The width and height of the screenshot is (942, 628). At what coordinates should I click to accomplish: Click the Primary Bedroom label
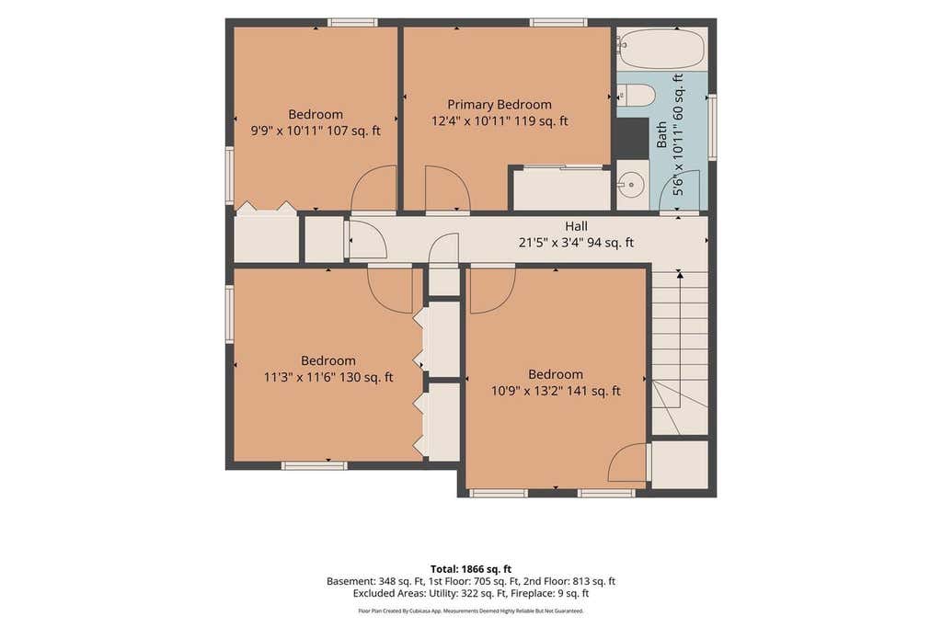coord(500,105)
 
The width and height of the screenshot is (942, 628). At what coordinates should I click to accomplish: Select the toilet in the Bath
coord(636,96)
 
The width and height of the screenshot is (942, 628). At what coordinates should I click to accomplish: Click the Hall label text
coord(576,226)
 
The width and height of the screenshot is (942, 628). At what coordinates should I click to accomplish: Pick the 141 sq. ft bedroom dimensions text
coord(556,391)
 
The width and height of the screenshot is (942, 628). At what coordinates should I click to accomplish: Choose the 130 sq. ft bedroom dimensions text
coord(328,377)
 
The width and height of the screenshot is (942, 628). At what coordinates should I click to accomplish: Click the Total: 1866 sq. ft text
coord(471,568)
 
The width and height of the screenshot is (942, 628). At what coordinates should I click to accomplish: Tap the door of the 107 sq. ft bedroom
coord(373,188)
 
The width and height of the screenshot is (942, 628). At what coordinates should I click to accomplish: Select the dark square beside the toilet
coord(631,137)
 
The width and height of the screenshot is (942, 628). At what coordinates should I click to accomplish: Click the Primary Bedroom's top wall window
coord(558,23)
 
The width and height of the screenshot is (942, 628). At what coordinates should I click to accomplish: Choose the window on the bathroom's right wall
coord(712,126)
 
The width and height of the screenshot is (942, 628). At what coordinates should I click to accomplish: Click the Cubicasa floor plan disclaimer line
coord(471,611)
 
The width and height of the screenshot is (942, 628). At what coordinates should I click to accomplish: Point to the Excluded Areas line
coord(471,593)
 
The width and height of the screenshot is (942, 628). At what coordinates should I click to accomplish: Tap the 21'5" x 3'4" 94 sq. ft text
coord(576,243)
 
